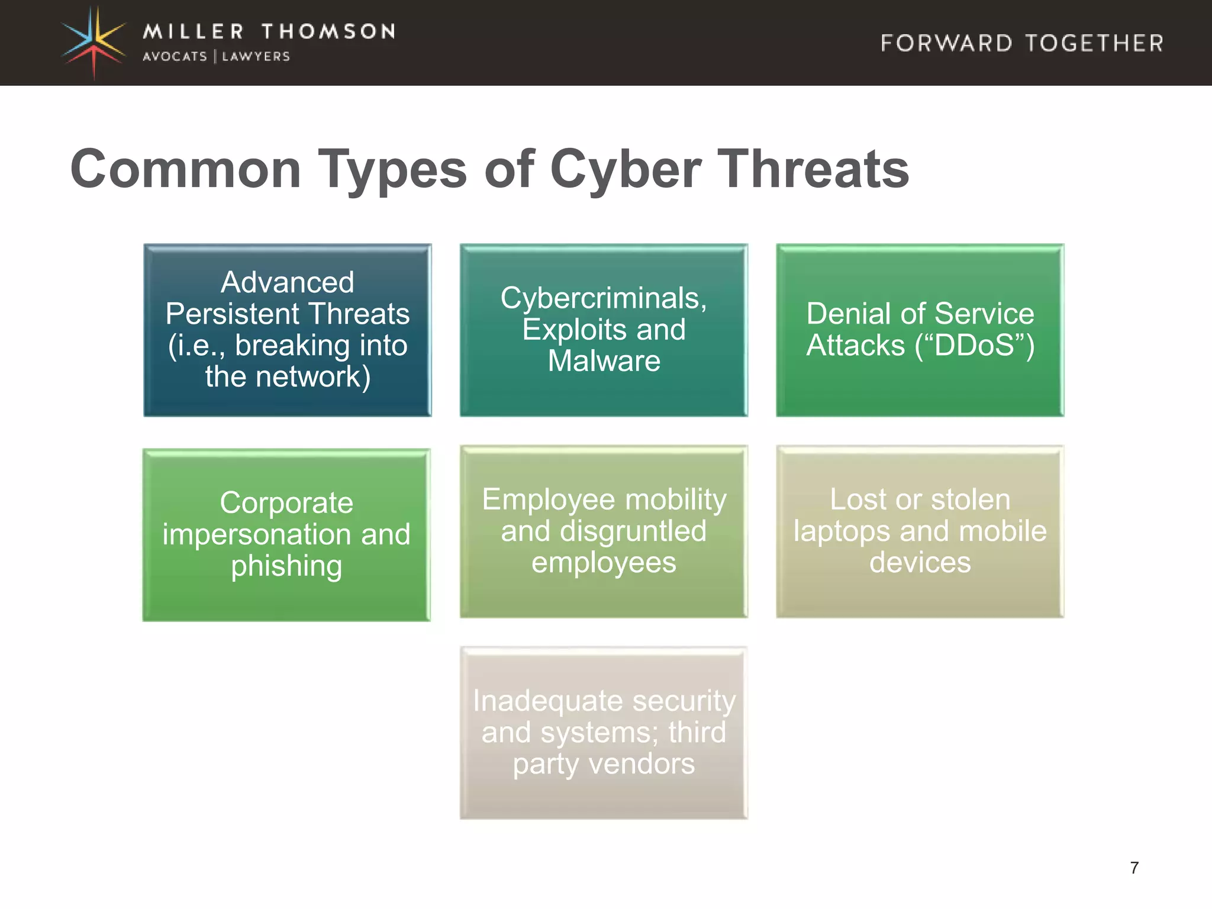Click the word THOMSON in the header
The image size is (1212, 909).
click(328, 31)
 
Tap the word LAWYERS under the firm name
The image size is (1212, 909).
click(256, 57)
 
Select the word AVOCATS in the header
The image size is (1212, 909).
click(175, 57)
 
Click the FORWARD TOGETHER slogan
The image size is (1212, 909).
click(1022, 43)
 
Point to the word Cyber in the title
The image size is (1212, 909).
click(626, 170)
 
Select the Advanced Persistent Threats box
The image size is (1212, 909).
click(288, 330)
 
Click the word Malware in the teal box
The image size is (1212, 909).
click(604, 361)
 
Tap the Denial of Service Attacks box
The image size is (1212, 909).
click(920, 330)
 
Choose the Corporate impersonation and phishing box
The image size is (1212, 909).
click(286, 534)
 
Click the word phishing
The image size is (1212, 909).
click(286, 566)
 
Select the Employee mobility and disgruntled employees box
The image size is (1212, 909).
click(604, 531)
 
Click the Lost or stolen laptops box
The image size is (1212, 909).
click(920, 531)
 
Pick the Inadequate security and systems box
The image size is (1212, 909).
click(604, 732)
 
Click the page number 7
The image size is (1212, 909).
click(1134, 868)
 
